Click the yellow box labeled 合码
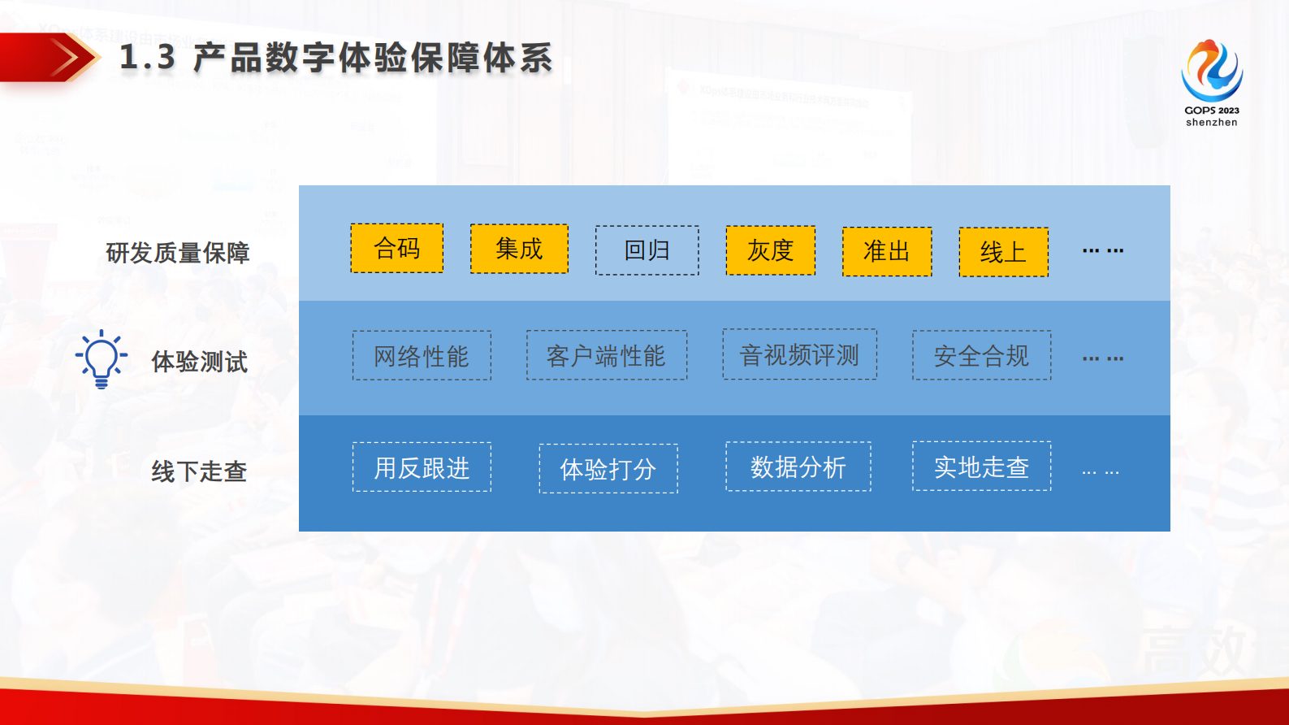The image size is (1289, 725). [397, 248]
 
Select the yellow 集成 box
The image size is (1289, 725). [519, 249]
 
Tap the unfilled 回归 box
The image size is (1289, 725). [647, 250]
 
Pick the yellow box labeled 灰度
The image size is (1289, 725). [771, 250]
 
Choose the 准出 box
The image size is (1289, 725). [887, 252]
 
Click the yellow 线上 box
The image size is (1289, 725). [1004, 252]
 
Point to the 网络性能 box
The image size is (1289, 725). [422, 355]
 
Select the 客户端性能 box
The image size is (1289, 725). [607, 354]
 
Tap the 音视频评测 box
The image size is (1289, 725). [800, 354]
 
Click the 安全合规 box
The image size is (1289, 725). [982, 354]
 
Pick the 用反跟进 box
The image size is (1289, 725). [422, 467]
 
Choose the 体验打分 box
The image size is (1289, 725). [608, 469]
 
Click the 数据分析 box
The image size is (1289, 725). [798, 467]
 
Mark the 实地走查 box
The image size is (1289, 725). [982, 467]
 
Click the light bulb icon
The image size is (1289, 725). [102, 358]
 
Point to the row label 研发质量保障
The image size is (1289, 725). [178, 253]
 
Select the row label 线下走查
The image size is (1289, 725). [199, 471]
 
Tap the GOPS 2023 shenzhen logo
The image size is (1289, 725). [1212, 83]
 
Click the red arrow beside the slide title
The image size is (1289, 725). [49, 57]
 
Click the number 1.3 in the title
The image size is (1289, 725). [147, 58]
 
